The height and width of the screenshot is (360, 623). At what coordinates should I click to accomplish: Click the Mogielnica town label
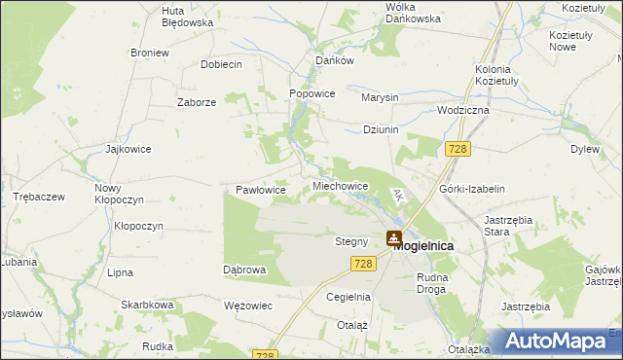pos(423,246)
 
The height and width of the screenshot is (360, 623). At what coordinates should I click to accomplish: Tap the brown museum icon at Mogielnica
pos(394,236)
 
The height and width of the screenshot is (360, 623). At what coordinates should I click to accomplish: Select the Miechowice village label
pos(340,185)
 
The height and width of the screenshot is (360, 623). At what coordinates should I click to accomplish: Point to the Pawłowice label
pos(261,190)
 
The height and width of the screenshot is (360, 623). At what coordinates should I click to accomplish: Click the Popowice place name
pos(312,93)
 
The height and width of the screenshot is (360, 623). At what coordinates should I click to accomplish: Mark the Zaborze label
pos(196,101)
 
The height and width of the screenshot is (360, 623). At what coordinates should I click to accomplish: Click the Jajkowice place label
pos(128,150)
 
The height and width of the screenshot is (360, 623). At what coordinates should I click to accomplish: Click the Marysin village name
pos(380,98)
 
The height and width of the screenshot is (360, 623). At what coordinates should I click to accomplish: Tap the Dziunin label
pos(381,129)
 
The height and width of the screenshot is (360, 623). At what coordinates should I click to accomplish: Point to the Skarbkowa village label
pos(147,305)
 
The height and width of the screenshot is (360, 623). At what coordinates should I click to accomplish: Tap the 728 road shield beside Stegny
pos(364,264)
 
